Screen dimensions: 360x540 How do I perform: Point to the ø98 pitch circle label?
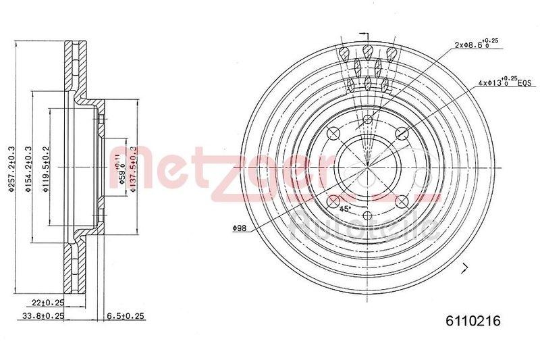pos(239,229)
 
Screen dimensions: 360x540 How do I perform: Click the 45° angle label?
pos(345,208)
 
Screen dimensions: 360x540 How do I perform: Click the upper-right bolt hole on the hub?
pos(400,132)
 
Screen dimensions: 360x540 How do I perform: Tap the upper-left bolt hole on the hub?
pos(333,132)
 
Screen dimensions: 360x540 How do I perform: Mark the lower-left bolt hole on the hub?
pos(333,199)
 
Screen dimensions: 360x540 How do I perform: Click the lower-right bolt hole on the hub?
pos(400,199)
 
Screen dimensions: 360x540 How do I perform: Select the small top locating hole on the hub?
pos(367,120)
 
